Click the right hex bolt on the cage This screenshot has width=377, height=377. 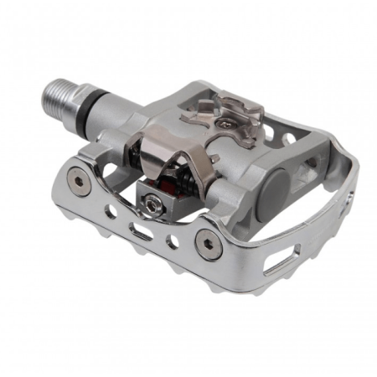point(206,241)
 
